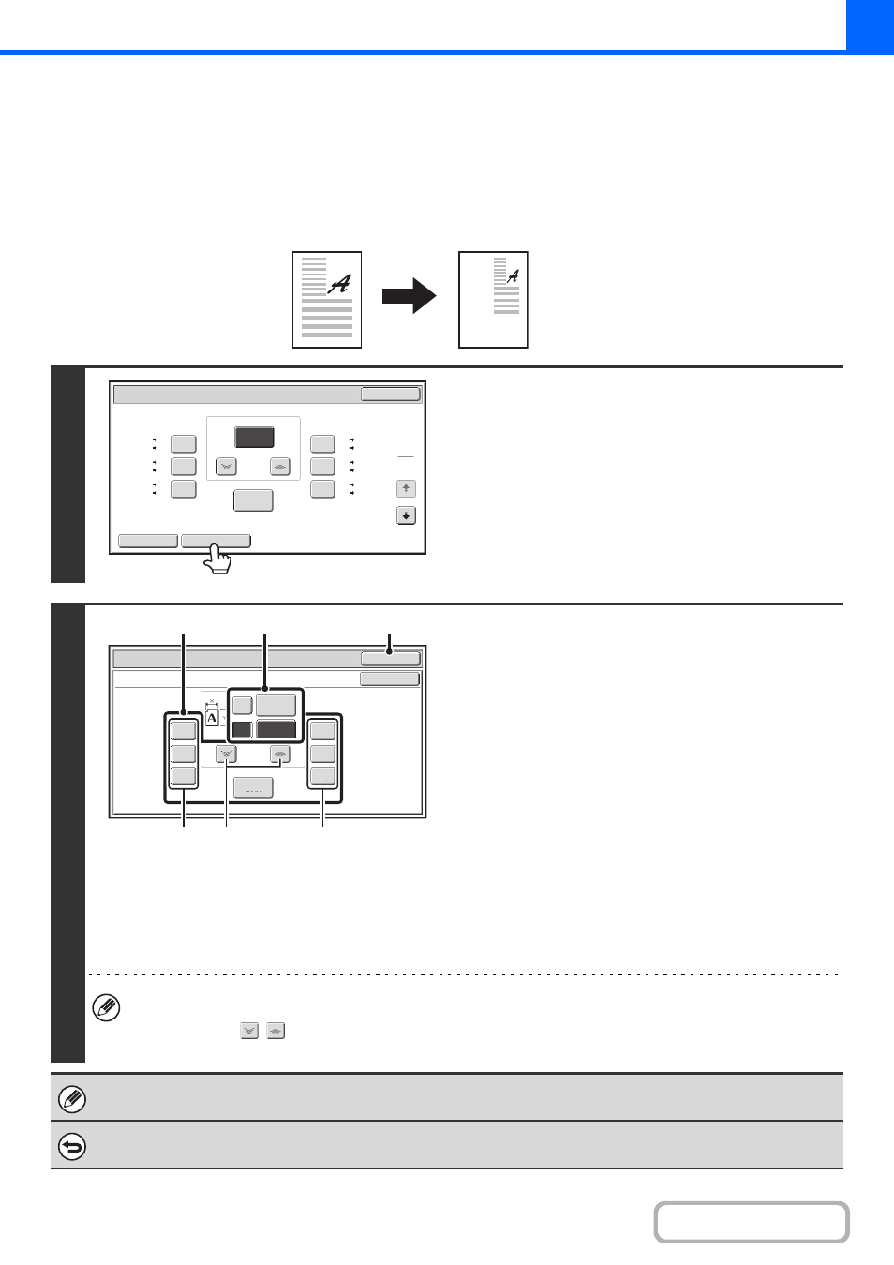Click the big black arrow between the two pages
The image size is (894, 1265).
pos(409,296)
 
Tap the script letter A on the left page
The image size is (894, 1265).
pos(339,284)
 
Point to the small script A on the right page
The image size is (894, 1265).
pos(513,276)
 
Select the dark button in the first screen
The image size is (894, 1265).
pos(254,437)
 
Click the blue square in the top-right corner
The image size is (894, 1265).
pos(870,25)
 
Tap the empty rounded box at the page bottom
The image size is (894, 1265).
pos(752,1223)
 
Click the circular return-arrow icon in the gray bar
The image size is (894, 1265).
pos(72,1147)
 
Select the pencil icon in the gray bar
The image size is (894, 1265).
pos(72,1099)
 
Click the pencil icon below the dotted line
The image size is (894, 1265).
pos(106,1008)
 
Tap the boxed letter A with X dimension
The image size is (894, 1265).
pos(212,715)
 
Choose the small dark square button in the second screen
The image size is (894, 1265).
pos(243,730)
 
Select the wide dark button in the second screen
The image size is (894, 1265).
pos(276,729)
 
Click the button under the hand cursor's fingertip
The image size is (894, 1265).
pos(216,541)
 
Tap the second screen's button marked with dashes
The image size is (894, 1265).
pos(254,788)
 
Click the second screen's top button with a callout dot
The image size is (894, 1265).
pos(390,659)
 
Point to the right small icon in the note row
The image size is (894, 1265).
pos(276,1031)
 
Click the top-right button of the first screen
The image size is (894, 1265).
pos(390,394)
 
